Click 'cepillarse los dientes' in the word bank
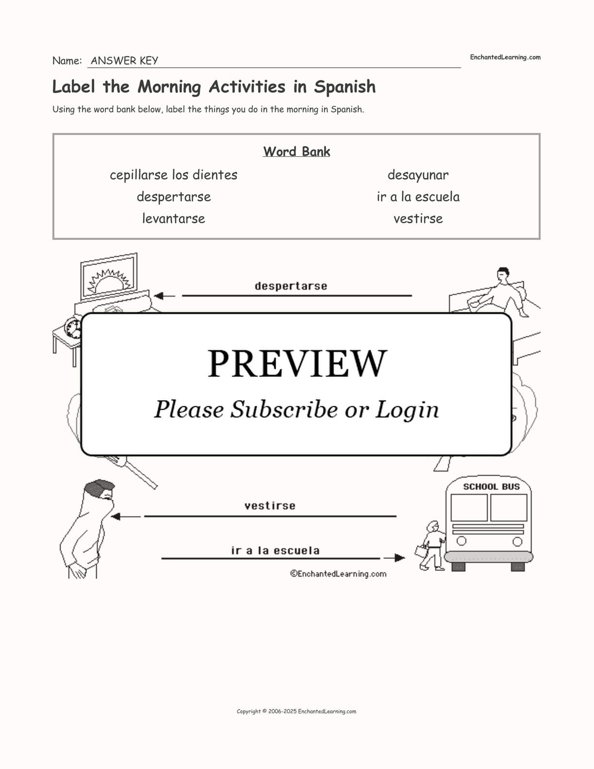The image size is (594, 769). click(173, 175)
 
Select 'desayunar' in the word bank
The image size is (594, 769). click(418, 175)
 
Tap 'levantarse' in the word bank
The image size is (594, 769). click(173, 218)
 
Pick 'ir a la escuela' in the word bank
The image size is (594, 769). click(418, 197)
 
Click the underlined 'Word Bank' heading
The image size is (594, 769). click(297, 151)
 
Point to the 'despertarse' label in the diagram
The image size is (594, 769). click(291, 286)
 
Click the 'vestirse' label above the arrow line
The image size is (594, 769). click(270, 506)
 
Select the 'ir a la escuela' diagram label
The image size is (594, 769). click(275, 551)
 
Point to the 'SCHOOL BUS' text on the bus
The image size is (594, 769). click(491, 486)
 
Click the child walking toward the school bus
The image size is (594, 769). click(431, 546)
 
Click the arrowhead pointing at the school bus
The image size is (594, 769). click(399, 558)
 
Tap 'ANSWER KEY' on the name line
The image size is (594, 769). click(124, 61)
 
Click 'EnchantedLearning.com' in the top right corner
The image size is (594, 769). click(505, 57)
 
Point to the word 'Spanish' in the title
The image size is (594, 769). click(345, 87)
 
